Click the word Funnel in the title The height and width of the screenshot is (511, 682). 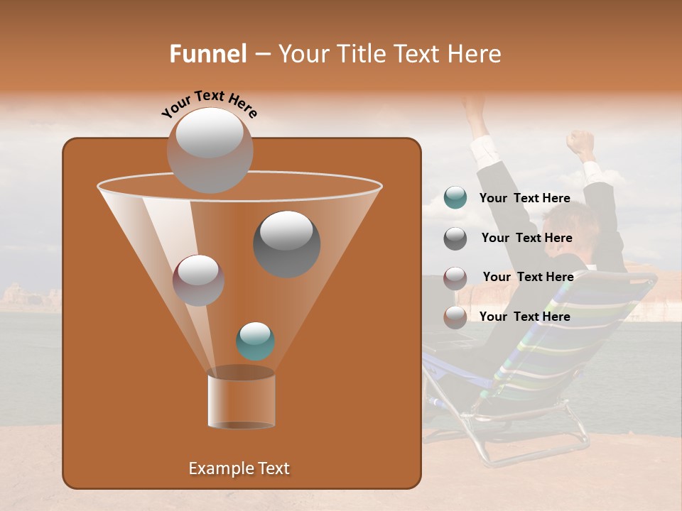pos(207,53)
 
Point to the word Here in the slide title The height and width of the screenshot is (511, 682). pos(472,53)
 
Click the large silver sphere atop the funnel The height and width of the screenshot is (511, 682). pos(210,150)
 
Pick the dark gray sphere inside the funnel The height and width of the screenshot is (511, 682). pos(287,243)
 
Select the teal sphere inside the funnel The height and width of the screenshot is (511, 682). pos(255,341)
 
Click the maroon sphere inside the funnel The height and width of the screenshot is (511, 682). pos(198,280)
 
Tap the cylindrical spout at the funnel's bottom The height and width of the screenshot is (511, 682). pos(241,399)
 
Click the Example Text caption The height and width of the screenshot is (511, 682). pos(239,468)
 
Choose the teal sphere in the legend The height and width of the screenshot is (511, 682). pos(455,198)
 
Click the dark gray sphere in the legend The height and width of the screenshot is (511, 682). pos(455,238)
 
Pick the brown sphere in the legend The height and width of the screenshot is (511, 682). pos(455,317)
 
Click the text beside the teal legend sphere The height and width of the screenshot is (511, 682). pos(525,199)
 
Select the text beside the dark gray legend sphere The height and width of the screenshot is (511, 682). pos(526,238)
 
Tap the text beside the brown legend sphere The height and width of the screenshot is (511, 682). pos(525,317)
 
